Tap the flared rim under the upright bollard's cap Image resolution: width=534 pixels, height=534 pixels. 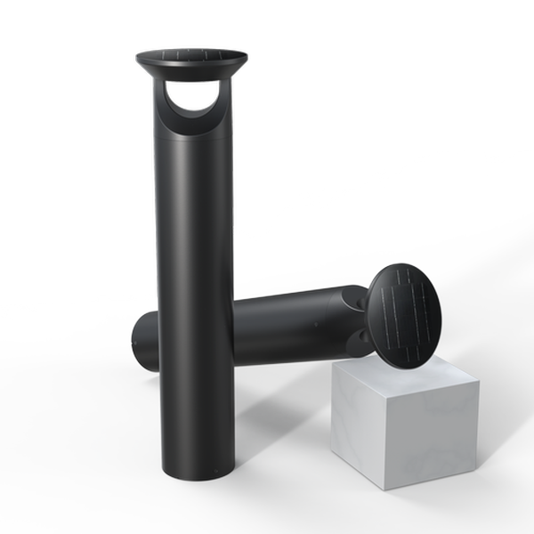[x=191, y=70]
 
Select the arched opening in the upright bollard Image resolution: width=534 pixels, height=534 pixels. [x=194, y=100]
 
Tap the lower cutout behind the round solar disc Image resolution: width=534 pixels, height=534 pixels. [x=360, y=336]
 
